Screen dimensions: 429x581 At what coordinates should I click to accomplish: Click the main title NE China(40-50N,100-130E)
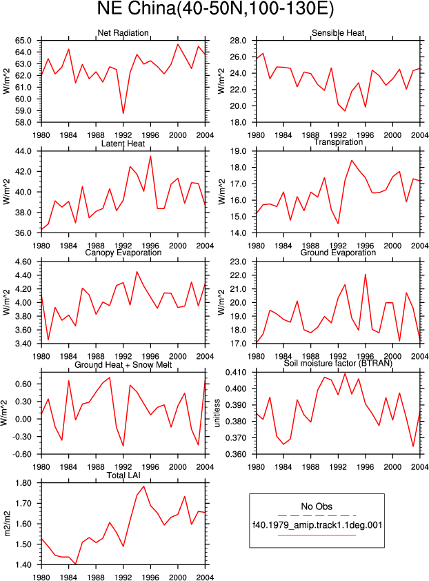click(215, 9)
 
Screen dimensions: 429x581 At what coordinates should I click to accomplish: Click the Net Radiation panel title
click(123, 32)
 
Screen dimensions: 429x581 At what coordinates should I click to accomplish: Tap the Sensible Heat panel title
click(338, 32)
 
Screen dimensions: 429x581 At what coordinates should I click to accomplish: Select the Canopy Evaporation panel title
click(123, 253)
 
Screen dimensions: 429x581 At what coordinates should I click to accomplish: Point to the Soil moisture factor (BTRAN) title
click(338, 363)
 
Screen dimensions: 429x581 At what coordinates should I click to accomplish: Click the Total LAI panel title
click(123, 475)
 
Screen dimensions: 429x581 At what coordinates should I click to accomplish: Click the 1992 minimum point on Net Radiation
click(123, 113)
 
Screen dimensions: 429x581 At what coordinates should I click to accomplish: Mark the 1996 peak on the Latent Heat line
click(150, 157)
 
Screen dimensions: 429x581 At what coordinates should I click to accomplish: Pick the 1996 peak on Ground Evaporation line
click(366, 275)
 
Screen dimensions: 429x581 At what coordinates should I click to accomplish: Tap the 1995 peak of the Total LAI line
click(143, 486)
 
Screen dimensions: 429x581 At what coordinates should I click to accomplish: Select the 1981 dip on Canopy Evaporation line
click(48, 339)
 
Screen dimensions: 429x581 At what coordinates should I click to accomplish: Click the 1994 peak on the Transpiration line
click(352, 161)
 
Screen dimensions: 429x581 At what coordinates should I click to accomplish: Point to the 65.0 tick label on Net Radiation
click(23, 41)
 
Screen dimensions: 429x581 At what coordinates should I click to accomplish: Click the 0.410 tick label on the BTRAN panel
click(236, 372)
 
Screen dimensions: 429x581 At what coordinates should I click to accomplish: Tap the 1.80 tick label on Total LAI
click(23, 483)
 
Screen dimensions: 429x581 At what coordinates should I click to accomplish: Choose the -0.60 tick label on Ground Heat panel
click(22, 454)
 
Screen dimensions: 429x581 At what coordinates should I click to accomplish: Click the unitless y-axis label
click(217, 413)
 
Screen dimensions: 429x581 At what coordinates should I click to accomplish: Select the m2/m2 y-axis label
click(7, 524)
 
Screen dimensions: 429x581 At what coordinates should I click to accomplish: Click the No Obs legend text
click(317, 506)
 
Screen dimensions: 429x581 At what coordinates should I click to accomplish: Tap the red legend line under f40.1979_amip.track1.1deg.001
click(317, 535)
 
